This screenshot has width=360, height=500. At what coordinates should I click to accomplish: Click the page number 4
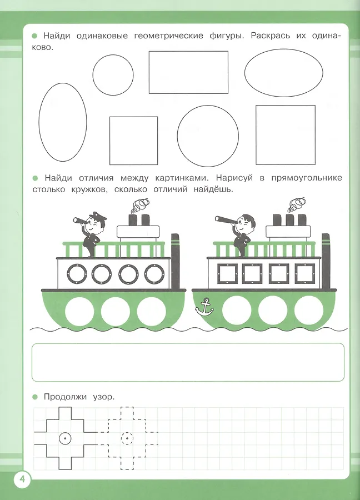tap(22, 479)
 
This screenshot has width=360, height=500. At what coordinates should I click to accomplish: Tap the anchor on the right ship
tap(204, 307)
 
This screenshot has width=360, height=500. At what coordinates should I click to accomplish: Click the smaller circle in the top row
tap(113, 75)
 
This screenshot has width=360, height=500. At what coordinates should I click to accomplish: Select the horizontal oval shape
tap(284, 73)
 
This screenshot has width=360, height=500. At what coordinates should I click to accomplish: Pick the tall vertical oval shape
tap(63, 122)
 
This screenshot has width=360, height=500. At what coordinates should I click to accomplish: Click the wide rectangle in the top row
tap(188, 72)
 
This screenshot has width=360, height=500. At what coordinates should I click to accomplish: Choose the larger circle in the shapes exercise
tap(208, 136)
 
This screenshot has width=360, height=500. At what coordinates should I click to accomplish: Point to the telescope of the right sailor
tap(226, 219)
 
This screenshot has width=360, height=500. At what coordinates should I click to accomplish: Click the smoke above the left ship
tap(139, 206)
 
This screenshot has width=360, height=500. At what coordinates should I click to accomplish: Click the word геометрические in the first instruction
tap(169, 36)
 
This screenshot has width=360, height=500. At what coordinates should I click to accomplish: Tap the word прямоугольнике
tap(307, 178)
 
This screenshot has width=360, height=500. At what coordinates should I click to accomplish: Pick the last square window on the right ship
tap(305, 273)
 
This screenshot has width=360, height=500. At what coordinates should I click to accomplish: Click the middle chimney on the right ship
tap(289, 220)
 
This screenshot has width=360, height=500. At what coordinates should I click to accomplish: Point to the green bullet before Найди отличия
tap(35, 178)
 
